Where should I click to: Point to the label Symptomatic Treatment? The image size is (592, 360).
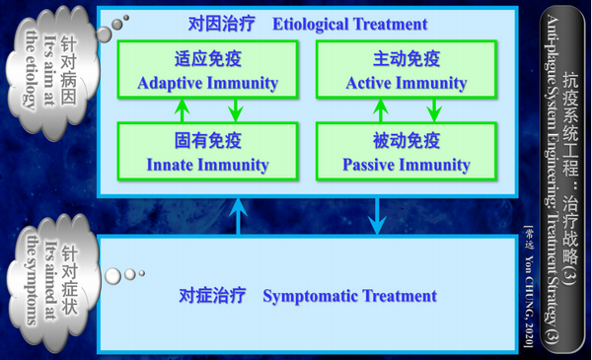349,295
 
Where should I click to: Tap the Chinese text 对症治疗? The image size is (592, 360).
211,295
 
